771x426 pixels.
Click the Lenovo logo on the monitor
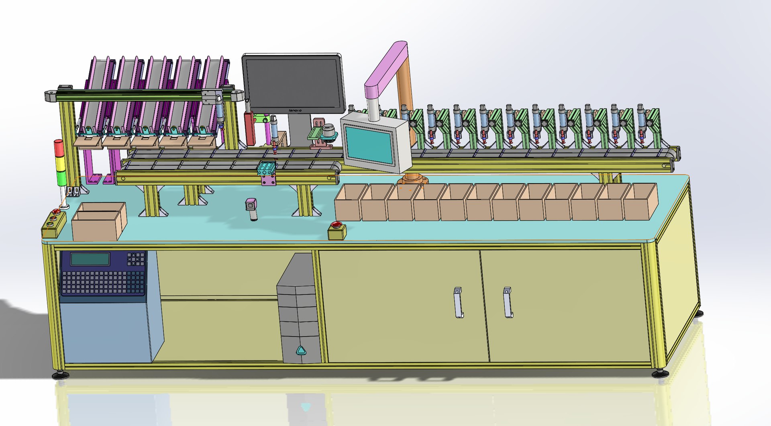click(296, 110)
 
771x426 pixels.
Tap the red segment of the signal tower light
click(59, 147)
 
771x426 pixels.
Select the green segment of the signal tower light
click(61, 177)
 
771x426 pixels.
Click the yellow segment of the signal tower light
click(60, 163)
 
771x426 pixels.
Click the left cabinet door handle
click(458, 302)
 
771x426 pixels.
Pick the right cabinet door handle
click(508, 302)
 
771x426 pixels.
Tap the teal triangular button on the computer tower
click(301, 351)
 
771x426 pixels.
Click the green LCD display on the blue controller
click(90, 259)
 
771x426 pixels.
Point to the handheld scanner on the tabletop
click(252, 208)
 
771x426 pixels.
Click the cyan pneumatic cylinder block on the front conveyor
click(267, 169)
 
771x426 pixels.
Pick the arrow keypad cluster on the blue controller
click(136, 259)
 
